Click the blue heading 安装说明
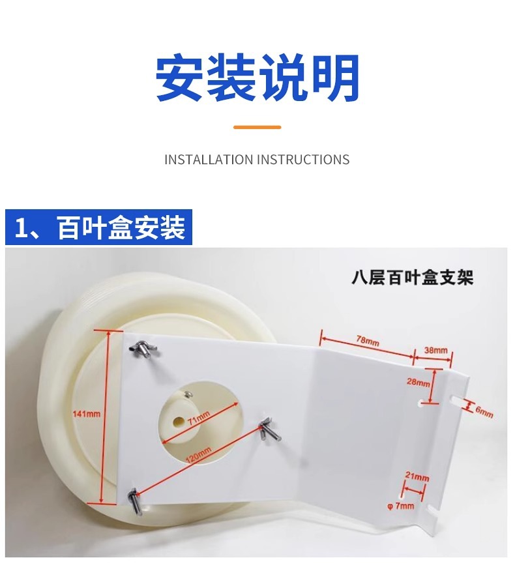(x=257, y=78)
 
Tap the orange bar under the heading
(x=257, y=127)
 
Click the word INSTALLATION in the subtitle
(x=208, y=160)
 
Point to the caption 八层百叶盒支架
(x=411, y=278)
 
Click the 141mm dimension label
(x=87, y=414)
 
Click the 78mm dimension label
(x=367, y=341)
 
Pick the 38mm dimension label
(x=436, y=350)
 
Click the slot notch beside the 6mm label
(x=456, y=400)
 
